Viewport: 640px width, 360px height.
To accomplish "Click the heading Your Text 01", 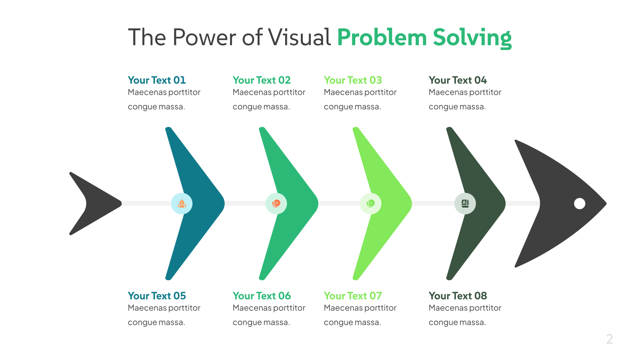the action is [x=156, y=80].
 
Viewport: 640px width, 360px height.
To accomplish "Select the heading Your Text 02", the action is [x=262, y=80].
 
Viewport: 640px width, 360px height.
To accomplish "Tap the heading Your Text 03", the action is [x=352, y=80].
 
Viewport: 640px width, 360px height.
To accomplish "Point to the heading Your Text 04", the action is [x=458, y=80].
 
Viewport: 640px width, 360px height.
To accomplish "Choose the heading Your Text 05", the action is [x=156, y=296].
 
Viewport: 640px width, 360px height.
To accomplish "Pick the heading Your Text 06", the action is [x=262, y=296].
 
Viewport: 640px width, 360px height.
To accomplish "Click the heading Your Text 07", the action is [x=352, y=296].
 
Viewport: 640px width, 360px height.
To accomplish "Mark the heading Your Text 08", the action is [x=458, y=296].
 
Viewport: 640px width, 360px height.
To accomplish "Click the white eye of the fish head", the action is [x=580, y=204].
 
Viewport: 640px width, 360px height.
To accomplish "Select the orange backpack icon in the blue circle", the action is [x=182, y=204].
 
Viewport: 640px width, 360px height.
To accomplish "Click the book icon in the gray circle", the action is [x=465, y=204].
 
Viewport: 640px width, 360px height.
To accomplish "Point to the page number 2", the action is [x=610, y=339].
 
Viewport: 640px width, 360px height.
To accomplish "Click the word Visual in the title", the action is [x=299, y=37].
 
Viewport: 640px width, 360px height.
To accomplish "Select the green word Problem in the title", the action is [x=382, y=37].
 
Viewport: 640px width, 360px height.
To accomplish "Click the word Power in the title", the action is [x=204, y=37].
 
